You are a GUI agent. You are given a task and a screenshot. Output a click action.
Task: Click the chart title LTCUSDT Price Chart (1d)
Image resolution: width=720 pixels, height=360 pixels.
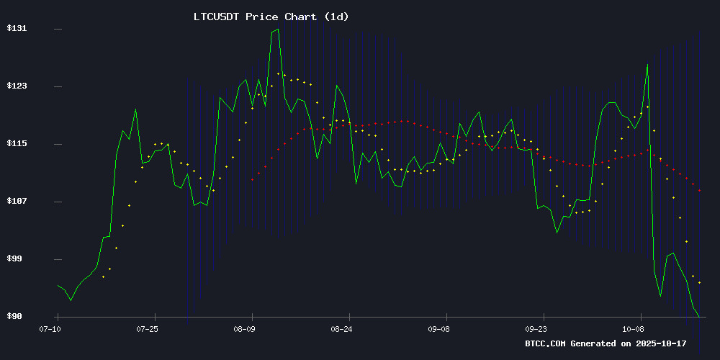pyautogui.click(x=271, y=17)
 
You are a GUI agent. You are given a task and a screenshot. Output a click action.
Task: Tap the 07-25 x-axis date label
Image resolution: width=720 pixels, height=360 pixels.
pyautogui.click(x=147, y=328)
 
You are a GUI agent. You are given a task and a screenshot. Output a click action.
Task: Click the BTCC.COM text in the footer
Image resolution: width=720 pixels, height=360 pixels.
pyautogui.click(x=546, y=343)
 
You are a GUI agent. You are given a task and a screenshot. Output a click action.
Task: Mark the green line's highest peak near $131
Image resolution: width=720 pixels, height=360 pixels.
pyautogui.click(x=277, y=30)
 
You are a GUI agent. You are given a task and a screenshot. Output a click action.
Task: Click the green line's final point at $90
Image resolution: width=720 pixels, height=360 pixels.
pyautogui.click(x=698, y=316)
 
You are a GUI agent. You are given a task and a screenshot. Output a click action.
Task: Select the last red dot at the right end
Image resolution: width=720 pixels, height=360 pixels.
pyautogui.click(x=699, y=190)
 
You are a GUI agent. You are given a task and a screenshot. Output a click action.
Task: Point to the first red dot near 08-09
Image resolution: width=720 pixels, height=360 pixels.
pyautogui.click(x=252, y=179)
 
